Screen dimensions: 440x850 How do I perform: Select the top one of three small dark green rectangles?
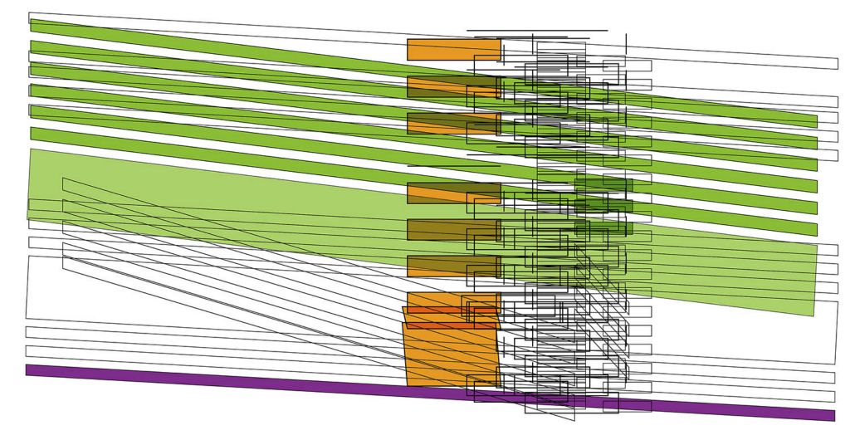tap(603, 184)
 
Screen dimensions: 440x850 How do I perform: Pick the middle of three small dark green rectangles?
tap(603, 206)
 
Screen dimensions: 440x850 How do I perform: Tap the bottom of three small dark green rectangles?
tap(603, 227)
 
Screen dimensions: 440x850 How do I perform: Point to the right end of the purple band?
tap(829, 415)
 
